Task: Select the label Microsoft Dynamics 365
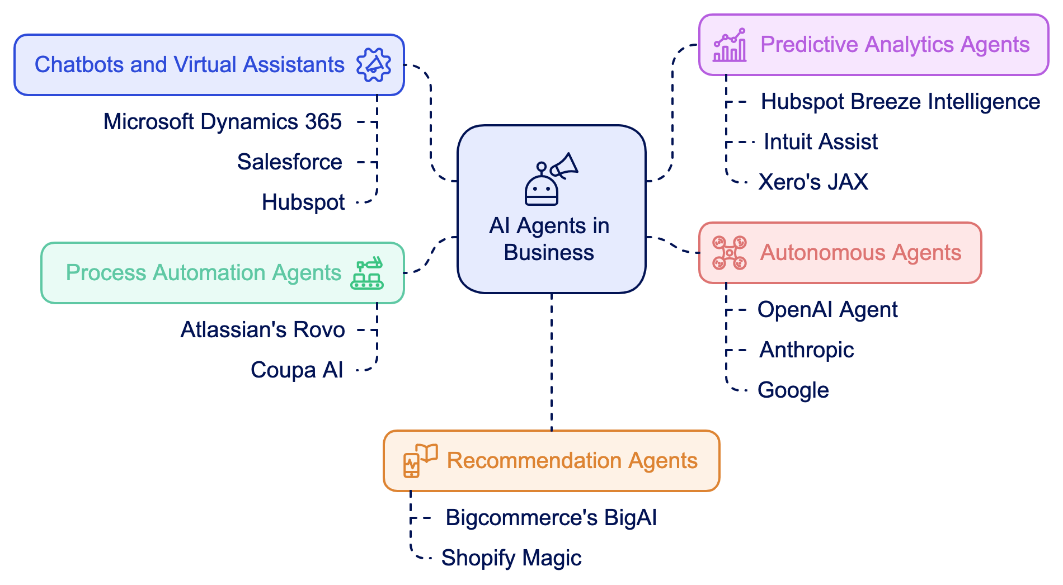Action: [222, 122]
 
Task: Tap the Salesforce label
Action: [289, 162]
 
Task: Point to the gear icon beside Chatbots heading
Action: [374, 65]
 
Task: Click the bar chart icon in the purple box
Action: [729, 45]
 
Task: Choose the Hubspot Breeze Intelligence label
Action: [900, 102]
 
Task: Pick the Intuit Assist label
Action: [820, 142]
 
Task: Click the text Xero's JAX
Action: [813, 182]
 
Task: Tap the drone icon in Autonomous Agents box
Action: [729, 253]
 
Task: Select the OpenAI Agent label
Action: [827, 310]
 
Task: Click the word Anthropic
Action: [806, 350]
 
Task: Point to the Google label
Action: [793, 390]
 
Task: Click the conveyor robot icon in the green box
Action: [367, 273]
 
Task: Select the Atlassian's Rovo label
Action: [262, 330]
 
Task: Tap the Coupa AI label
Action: [297, 370]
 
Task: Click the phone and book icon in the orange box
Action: [420, 461]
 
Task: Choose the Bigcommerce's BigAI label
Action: [551, 518]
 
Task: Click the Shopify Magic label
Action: [511, 558]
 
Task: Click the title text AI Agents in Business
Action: [549, 239]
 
